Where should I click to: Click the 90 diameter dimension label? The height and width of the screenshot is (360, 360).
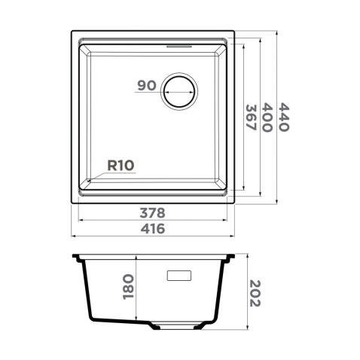[147, 85]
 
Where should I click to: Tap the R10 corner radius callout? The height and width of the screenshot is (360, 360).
[121, 166]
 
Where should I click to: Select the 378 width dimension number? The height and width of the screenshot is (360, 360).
[154, 212]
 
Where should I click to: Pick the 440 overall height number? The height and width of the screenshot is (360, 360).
[284, 117]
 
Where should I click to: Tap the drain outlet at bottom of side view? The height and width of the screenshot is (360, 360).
[174, 326]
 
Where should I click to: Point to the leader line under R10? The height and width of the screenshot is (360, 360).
[113, 173]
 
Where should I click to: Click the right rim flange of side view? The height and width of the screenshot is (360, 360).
[231, 258]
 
